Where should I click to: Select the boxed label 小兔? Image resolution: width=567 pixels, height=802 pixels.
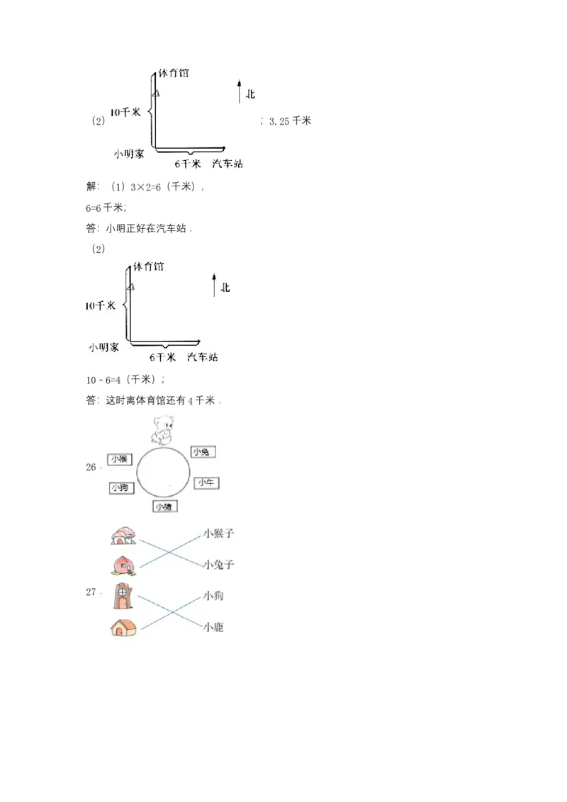(203, 452)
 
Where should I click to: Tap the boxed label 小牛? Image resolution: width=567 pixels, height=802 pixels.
(208, 482)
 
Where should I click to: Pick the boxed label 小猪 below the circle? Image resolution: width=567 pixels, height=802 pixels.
(165, 507)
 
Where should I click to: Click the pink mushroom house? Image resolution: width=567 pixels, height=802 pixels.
(123, 536)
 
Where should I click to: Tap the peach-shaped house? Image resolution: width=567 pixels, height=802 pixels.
(123, 565)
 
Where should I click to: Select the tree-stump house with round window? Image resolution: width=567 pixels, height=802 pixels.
(124, 597)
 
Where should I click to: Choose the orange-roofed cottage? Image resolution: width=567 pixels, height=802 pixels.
(124, 627)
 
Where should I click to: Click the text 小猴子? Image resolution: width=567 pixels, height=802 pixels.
(218, 533)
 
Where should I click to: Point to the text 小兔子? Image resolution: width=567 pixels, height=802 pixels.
(218, 565)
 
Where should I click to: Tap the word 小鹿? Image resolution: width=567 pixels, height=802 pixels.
(213, 627)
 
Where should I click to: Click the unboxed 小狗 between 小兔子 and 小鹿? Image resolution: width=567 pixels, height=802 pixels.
(213, 597)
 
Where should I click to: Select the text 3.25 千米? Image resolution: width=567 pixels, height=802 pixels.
(291, 121)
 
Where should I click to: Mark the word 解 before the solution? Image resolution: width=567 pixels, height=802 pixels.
(90, 187)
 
